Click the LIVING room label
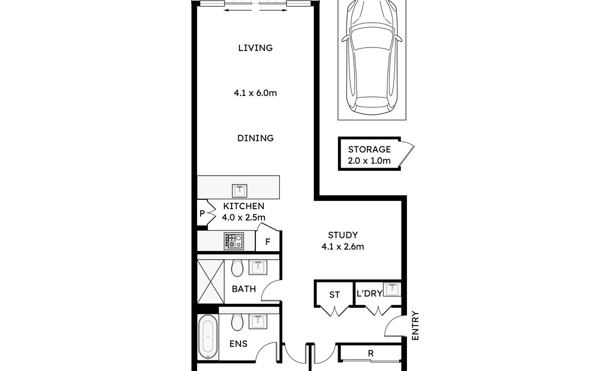pyautogui.click(x=255, y=48)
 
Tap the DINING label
pyautogui.click(x=255, y=138)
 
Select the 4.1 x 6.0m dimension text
pyautogui.click(x=255, y=93)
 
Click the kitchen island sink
pyautogui.click(x=240, y=191)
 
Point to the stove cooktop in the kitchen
pyautogui.click(x=234, y=241)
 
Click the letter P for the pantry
pyautogui.click(x=202, y=213)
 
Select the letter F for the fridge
pyautogui.click(x=268, y=242)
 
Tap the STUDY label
pyautogui.click(x=343, y=235)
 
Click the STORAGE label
pyautogui.click(x=369, y=149)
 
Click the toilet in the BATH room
pyautogui.click(x=237, y=268)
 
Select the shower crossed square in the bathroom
pyautogui.click(x=211, y=281)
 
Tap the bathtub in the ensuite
pyautogui.click(x=208, y=337)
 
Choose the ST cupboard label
pyautogui.click(x=335, y=295)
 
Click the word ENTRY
pyautogui.click(x=415, y=325)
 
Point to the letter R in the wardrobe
pyautogui.click(x=371, y=353)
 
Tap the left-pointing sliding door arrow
pyautogui.click(x=238, y=10)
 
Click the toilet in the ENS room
pyautogui.click(x=237, y=322)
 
